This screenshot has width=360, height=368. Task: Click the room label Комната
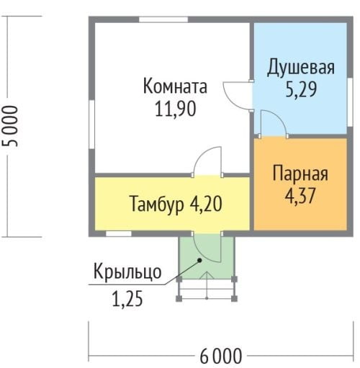pos(175,86)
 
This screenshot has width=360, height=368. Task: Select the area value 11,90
pos(176,109)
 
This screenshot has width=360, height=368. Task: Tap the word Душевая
pos(301,68)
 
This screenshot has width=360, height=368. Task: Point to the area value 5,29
pos(301,89)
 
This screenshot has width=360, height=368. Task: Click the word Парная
pos(300,173)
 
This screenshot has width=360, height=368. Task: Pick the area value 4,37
pos(300,195)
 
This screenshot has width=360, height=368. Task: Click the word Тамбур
pos(157,205)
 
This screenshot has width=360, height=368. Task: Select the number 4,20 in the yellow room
pos(206,204)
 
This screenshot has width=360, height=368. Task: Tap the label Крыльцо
pos(127,272)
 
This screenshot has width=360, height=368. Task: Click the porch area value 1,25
pos(127,298)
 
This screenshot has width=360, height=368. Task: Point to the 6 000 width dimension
pos(221,356)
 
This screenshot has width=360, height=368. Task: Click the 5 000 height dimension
pos(10,126)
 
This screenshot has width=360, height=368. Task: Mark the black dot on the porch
pos(199,260)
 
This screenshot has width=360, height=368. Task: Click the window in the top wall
pos(163,19)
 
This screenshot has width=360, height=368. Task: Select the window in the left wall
pos(91,125)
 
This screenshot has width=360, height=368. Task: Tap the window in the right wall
pos(350,102)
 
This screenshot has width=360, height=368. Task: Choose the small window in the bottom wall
pos(119,233)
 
